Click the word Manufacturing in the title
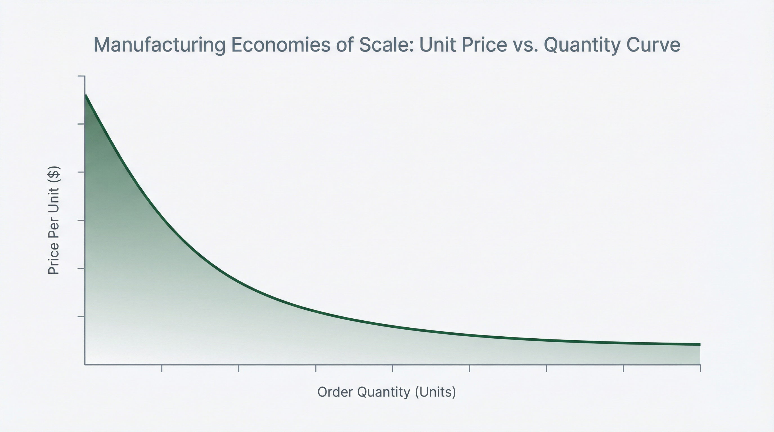pyautogui.click(x=159, y=45)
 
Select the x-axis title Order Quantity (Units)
pyautogui.click(x=387, y=392)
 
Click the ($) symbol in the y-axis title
pyautogui.click(x=54, y=175)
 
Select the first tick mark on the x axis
pyautogui.click(x=162, y=369)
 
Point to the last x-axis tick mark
pyautogui.click(x=700, y=369)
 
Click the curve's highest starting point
pyautogui.click(x=86, y=96)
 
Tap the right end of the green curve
pyautogui.click(x=699, y=344)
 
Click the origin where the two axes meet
pyautogui.click(x=85, y=365)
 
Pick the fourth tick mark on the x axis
pyautogui.click(x=393, y=369)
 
